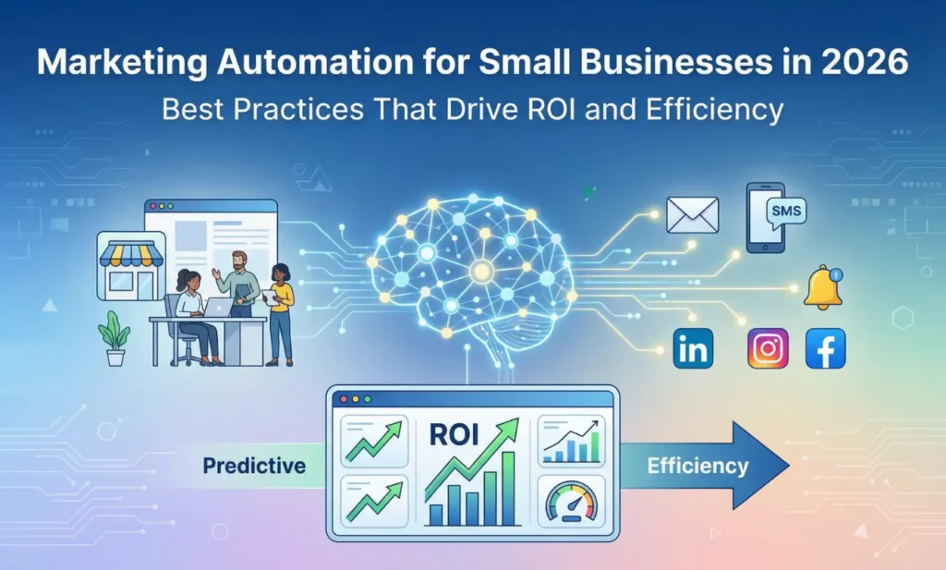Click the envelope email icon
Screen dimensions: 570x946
[x=692, y=215]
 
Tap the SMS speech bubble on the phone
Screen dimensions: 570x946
[x=785, y=212]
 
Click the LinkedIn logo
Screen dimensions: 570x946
[x=693, y=349]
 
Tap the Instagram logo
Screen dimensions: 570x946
[x=768, y=349]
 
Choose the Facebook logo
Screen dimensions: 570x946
[x=825, y=349]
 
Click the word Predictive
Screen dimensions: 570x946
[x=253, y=465]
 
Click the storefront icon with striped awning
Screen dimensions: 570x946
[x=130, y=265]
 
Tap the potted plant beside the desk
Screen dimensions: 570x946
[x=115, y=337]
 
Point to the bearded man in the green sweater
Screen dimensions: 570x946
[x=239, y=282]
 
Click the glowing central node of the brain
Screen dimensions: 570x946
[x=480, y=270]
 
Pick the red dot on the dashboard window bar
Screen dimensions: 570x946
[x=344, y=399]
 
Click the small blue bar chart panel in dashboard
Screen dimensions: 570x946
[x=571, y=440]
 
